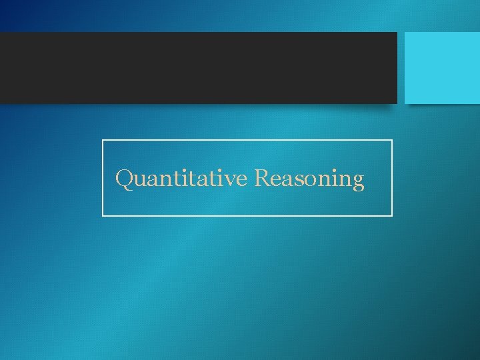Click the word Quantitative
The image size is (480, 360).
click(182, 179)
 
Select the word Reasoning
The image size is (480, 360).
click(309, 179)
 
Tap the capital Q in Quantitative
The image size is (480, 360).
click(125, 179)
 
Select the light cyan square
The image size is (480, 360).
click(442, 67)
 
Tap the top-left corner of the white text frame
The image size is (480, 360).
click(103, 141)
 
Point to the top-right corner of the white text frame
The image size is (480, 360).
click(392, 141)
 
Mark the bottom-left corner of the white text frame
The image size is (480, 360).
click(103, 215)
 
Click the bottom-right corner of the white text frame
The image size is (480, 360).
click(392, 215)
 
